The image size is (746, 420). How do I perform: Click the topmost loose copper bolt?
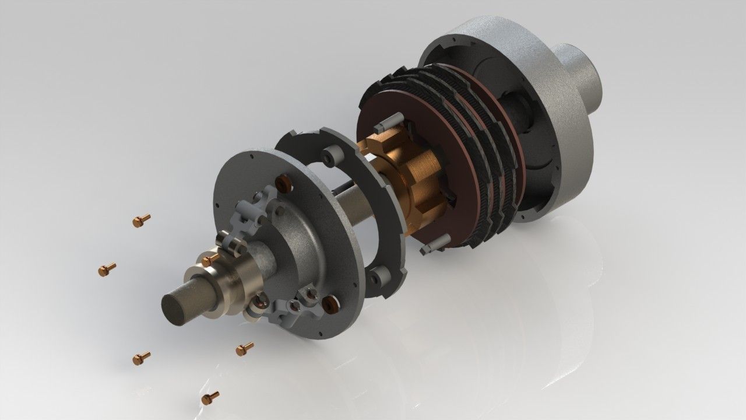point(141,220)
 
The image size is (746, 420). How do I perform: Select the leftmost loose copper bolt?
point(107,269)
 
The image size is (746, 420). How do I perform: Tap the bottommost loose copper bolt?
point(210,397)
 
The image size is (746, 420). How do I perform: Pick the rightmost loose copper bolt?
point(244,348)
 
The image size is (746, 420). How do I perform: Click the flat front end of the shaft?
point(177,307)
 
